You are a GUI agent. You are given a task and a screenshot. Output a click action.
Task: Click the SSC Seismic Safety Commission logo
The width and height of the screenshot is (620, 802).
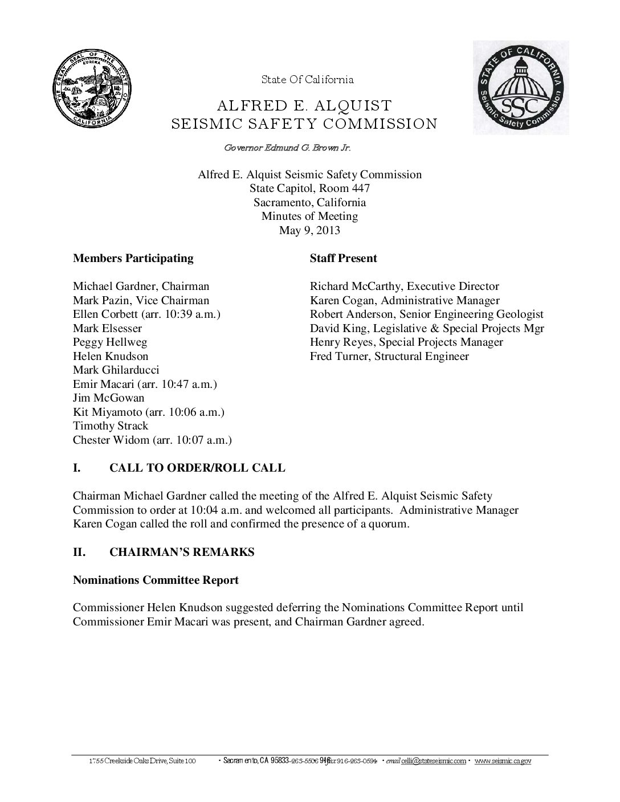(520, 88)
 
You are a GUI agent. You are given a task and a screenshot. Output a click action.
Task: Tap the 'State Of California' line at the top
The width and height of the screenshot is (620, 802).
(307, 80)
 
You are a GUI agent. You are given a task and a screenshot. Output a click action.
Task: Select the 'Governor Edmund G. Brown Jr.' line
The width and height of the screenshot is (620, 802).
(287, 148)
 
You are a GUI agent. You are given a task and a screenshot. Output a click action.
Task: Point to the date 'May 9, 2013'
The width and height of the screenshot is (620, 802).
(309, 230)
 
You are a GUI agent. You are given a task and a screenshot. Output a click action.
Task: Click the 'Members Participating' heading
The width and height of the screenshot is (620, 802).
(133, 258)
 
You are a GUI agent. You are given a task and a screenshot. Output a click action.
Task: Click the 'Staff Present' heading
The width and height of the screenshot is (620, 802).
(343, 258)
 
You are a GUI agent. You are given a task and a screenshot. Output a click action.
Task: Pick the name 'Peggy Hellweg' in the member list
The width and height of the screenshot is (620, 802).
(110, 342)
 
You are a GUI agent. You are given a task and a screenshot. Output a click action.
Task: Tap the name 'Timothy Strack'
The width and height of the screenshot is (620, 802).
(111, 426)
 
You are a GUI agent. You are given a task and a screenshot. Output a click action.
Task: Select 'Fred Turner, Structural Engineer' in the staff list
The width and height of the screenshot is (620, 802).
(389, 357)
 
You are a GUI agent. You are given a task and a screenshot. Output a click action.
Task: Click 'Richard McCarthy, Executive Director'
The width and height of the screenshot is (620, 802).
(404, 287)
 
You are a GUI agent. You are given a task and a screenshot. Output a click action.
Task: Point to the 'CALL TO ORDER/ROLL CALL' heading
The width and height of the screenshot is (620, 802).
(197, 468)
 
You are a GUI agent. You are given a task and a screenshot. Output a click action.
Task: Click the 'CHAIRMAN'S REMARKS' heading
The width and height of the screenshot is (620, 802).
(182, 552)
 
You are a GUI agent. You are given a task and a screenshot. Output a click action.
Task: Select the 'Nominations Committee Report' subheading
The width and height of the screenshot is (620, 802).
(156, 580)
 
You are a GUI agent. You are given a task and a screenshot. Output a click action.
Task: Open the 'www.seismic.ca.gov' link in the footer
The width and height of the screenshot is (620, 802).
(503, 761)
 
